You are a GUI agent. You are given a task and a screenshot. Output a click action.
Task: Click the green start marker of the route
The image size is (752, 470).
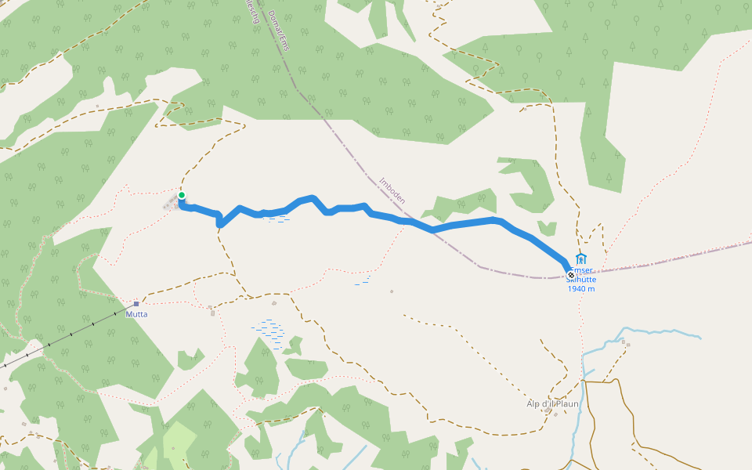coord(181,195)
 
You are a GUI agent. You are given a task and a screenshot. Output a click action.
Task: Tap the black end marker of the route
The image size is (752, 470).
coord(570,274)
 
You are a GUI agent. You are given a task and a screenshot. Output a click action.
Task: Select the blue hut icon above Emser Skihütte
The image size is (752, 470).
coord(580,259)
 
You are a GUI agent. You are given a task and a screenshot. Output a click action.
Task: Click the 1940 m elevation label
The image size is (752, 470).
coord(581,289)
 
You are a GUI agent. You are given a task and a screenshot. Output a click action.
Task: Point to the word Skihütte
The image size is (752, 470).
coord(582,280)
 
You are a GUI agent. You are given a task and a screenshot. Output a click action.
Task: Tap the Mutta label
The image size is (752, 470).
coord(136,314)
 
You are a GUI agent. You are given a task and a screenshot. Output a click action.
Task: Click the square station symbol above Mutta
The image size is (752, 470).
coord(136,303)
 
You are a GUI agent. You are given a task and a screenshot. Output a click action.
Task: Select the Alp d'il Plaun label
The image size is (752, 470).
coord(552,404)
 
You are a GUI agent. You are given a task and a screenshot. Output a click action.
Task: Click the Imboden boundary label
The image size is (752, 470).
coord(392,190)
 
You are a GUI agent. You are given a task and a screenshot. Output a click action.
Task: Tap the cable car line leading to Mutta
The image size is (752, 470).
coord(70,334)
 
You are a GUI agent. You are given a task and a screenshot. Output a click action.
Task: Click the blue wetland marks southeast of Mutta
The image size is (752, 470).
coord(268,329)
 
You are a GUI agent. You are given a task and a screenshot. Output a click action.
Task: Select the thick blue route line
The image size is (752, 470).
coord(470,224)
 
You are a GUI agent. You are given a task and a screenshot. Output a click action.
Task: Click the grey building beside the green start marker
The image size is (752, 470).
coord(171,204)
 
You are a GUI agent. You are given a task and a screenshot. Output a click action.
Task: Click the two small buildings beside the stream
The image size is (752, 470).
coord(625,343)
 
